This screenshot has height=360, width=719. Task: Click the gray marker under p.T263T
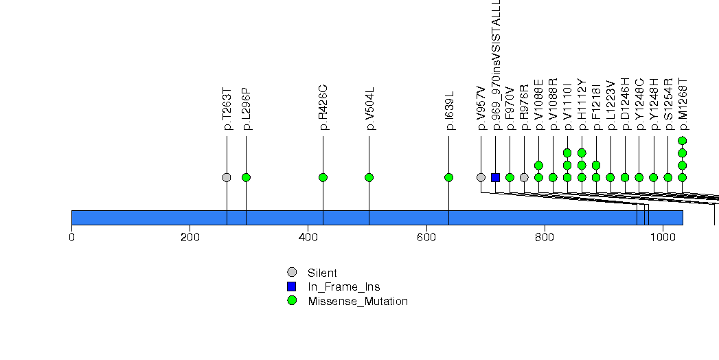pos(227,177)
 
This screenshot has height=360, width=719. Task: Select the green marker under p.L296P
pos(246,177)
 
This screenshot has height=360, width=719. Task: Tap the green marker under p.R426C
pos(323,177)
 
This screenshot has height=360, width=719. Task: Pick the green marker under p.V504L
pos(369,177)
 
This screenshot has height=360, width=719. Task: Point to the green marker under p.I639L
pos(448,177)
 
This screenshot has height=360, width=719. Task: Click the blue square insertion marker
pos(495,177)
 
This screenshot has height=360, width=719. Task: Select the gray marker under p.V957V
pos(481,177)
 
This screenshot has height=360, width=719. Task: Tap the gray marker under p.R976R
pos(524,177)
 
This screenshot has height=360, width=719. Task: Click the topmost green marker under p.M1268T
pos(682,141)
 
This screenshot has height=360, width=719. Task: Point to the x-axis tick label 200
pos(190,238)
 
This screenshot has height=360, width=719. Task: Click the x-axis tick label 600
pos(426,238)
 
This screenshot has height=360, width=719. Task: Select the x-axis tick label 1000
pos(663,238)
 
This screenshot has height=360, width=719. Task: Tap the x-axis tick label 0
pos(71,238)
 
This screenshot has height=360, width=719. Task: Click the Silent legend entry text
pos(322,273)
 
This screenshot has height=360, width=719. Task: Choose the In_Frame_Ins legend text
pos(343,286)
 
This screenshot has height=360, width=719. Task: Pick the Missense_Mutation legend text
pos(357,301)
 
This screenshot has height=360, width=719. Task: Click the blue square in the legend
pos(292,286)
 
